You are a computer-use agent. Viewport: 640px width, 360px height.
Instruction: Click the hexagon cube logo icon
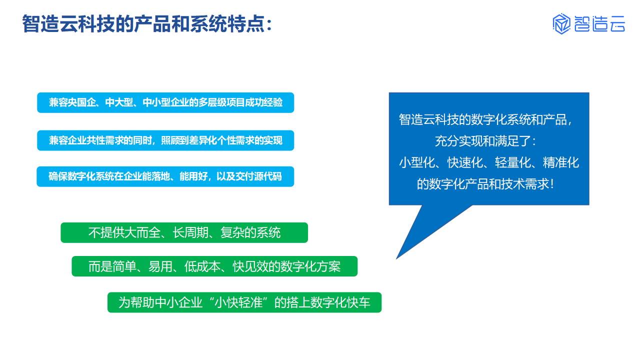[561, 23]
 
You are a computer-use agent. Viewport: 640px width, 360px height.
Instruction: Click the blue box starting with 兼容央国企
[165, 102]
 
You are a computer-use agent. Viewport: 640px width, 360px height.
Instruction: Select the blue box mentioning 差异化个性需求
[165, 140]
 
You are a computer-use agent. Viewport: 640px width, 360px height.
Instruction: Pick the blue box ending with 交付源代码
[165, 176]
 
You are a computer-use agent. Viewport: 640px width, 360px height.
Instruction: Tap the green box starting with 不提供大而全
[184, 232]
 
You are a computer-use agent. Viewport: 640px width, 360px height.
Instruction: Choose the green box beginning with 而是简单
[214, 266]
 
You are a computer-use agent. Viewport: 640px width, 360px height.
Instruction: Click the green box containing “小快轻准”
[244, 302]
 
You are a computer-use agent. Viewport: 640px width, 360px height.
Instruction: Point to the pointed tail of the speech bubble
[396, 258]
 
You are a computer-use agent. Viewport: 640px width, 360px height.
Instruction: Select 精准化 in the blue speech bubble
[561, 162]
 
